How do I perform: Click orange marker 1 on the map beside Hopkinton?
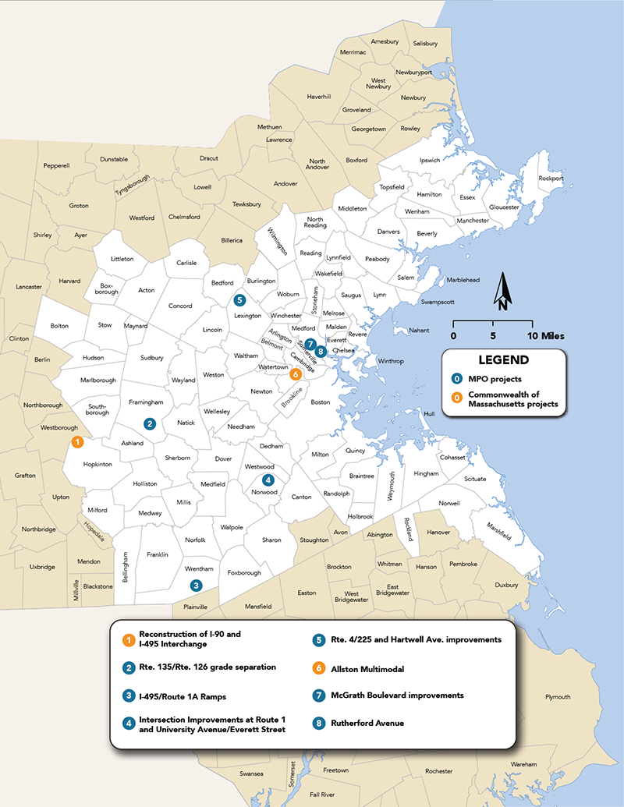76,442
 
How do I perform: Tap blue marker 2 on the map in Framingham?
150,423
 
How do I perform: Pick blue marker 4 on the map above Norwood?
268,480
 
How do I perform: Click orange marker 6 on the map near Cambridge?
295,374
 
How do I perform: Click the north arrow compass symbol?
503,292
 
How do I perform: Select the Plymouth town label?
558,697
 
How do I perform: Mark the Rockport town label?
550,178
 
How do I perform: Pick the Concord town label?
180,306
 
